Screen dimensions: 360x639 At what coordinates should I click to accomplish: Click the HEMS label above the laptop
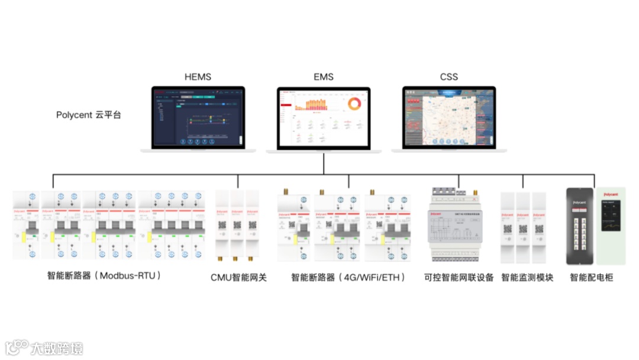(x=198, y=77)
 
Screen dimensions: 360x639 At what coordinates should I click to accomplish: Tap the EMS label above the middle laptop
(x=324, y=77)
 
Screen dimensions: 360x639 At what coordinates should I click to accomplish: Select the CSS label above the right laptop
(x=449, y=77)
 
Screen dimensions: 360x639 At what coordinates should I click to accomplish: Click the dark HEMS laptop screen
(x=198, y=117)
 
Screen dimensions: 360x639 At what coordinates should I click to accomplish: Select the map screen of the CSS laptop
(x=449, y=117)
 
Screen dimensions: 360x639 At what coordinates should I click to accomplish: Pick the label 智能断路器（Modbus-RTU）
(x=105, y=276)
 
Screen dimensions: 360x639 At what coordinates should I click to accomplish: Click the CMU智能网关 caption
(x=239, y=277)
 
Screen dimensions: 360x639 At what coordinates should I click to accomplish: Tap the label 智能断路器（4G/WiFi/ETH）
(x=349, y=277)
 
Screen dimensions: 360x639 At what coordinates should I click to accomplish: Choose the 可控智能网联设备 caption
(x=459, y=277)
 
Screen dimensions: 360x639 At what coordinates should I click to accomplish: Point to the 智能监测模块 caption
(x=527, y=277)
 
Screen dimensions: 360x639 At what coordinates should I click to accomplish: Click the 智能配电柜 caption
(x=592, y=277)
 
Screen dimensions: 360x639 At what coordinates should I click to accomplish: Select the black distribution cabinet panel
(x=580, y=226)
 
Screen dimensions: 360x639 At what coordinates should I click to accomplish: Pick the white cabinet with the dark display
(x=611, y=226)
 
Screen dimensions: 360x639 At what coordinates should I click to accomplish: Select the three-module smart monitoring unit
(x=523, y=226)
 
